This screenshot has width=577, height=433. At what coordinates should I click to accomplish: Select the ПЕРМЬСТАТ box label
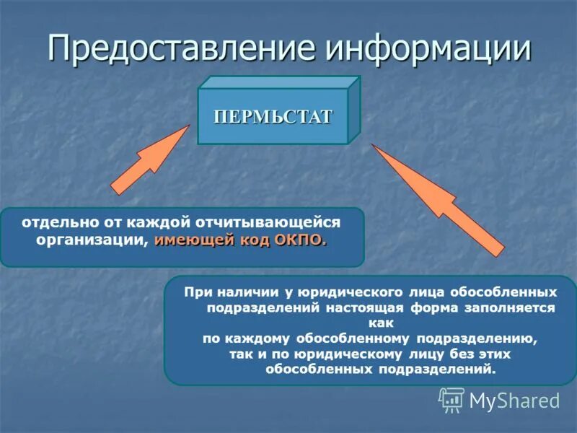[x=273, y=117]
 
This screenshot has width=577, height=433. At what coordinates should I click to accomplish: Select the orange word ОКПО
[x=300, y=240]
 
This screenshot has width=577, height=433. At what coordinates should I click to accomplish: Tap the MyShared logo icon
[x=452, y=399]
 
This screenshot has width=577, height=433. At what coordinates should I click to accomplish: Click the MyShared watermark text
[x=514, y=401]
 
